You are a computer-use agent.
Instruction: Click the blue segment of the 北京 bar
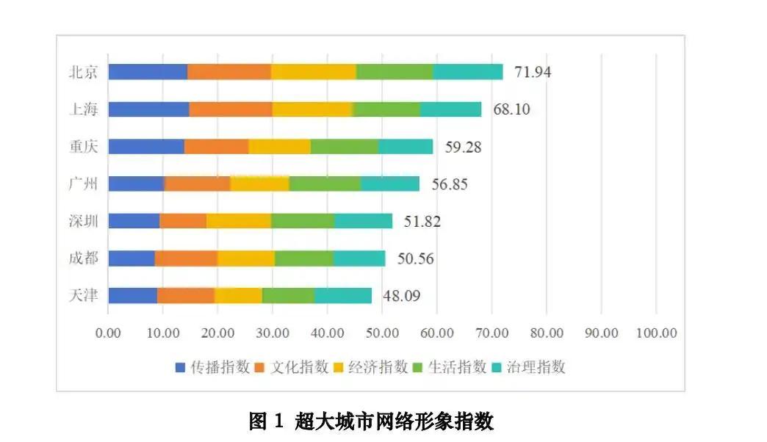click(x=148, y=71)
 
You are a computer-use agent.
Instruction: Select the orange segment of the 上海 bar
click(x=231, y=109)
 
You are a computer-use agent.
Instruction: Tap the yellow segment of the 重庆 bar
click(x=279, y=146)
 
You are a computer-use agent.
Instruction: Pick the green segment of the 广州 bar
click(x=325, y=184)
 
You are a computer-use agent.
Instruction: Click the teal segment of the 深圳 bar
click(x=363, y=221)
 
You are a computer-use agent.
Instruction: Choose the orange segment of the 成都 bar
click(x=186, y=258)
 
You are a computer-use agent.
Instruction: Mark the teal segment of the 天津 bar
click(x=343, y=296)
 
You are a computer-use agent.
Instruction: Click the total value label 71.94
click(x=533, y=72)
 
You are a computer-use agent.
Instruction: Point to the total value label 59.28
click(x=463, y=147)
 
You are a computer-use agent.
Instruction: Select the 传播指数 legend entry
click(x=214, y=367)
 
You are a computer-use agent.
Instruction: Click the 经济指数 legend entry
click(x=372, y=367)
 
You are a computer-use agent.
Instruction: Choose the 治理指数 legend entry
click(x=531, y=367)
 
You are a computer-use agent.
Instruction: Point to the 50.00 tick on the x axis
click(x=382, y=333)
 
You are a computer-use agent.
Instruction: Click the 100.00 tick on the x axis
click(x=656, y=333)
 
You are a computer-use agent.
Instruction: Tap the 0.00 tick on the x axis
click(x=108, y=333)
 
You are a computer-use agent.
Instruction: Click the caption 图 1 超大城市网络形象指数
click(x=371, y=421)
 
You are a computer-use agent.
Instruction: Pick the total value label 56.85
click(x=449, y=184)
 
